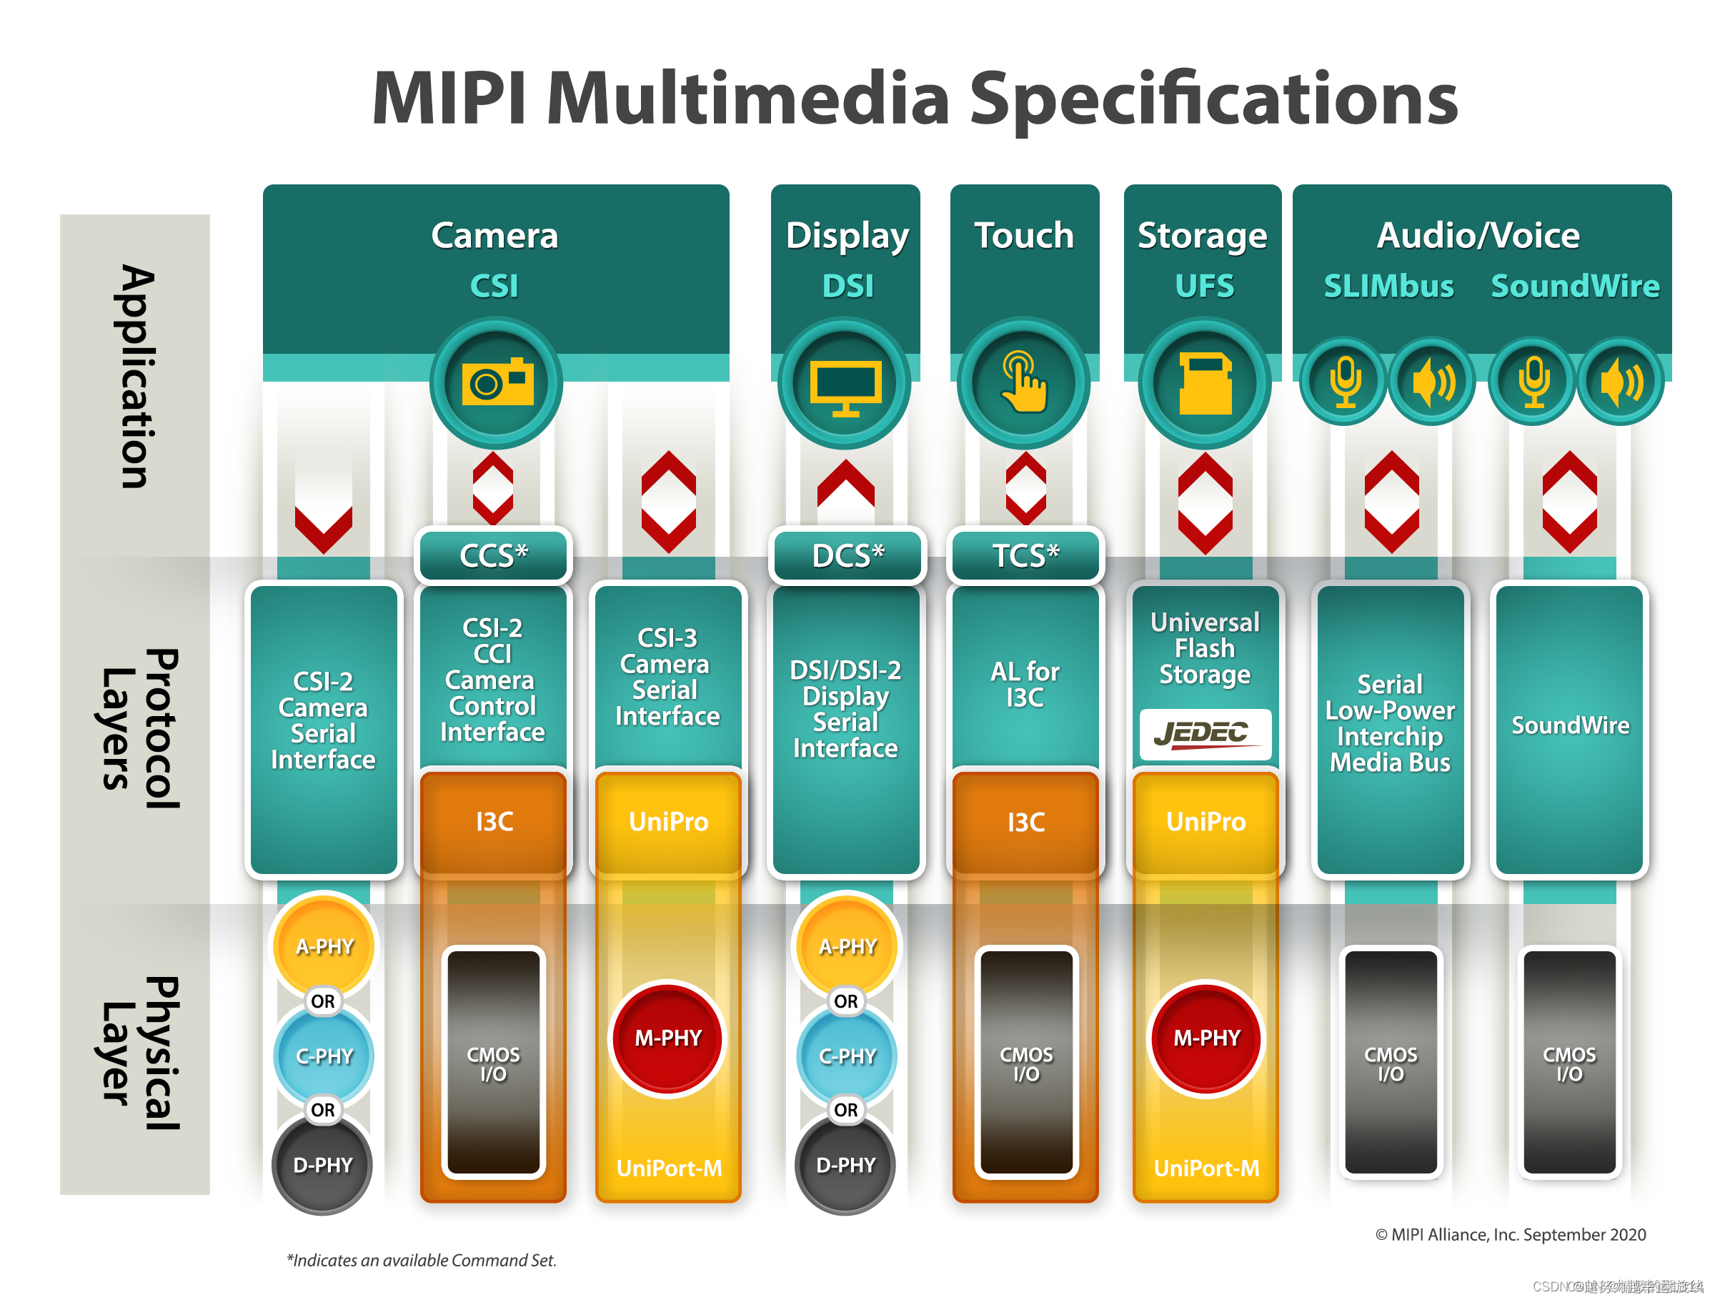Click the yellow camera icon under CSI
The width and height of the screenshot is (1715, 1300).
coord(497,382)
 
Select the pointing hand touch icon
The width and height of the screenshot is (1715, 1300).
coord(1023,382)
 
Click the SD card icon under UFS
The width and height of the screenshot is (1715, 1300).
coord(1205,384)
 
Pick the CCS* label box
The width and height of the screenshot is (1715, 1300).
coord(493,555)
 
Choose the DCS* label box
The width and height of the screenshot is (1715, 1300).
coord(847,555)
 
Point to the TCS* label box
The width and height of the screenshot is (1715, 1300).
coord(1025,555)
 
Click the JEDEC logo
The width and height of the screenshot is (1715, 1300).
coord(1205,733)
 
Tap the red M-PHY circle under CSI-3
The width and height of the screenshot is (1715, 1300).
coord(667,1038)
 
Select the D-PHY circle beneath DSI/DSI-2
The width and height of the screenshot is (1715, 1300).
coord(845,1165)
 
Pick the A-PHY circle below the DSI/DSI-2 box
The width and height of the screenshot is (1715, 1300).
coord(847,946)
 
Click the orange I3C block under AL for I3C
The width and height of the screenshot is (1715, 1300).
coord(1025,822)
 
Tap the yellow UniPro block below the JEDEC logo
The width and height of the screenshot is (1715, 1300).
coord(1206,822)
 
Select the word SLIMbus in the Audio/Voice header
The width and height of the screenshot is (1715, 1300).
coord(1388,286)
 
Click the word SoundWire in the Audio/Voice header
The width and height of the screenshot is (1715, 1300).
coord(1575,286)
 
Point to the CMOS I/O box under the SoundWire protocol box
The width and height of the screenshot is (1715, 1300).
coord(1569,1063)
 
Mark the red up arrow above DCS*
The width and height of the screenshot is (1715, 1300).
coord(846,482)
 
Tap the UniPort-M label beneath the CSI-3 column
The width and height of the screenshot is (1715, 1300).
coord(668,1168)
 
